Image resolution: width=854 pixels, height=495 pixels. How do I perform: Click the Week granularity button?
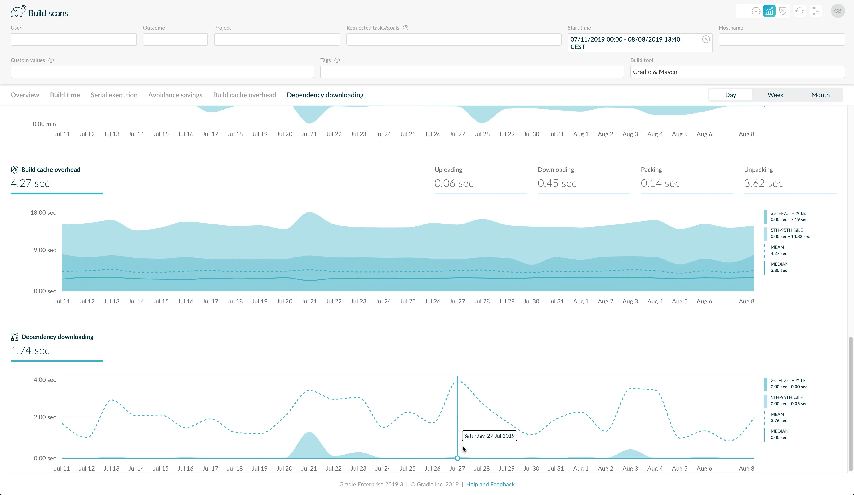click(775, 95)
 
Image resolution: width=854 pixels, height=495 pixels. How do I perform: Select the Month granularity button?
click(820, 95)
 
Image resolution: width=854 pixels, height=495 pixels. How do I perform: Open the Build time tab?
click(65, 95)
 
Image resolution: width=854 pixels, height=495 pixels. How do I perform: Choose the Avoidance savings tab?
click(175, 95)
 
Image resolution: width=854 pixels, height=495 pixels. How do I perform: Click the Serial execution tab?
click(114, 95)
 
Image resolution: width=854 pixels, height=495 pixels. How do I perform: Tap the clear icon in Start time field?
click(706, 39)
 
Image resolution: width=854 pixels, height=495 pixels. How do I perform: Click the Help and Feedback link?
click(490, 484)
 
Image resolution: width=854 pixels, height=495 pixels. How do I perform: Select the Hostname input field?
click(782, 39)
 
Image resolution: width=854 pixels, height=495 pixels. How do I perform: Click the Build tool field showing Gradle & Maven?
click(737, 72)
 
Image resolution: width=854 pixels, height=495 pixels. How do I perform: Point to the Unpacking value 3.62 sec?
click(763, 183)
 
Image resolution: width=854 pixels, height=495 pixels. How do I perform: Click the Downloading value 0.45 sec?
click(557, 183)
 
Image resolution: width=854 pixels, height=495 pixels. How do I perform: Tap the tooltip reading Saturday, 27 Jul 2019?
click(489, 436)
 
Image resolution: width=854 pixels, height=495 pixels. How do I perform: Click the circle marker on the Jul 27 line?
click(457, 458)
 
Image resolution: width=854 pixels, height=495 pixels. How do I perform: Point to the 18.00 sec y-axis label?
click(43, 212)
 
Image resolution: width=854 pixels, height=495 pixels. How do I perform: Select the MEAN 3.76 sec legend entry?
click(778, 417)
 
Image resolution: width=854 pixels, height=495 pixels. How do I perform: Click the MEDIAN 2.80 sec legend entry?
click(779, 267)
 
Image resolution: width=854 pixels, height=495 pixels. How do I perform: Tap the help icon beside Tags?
click(337, 60)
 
